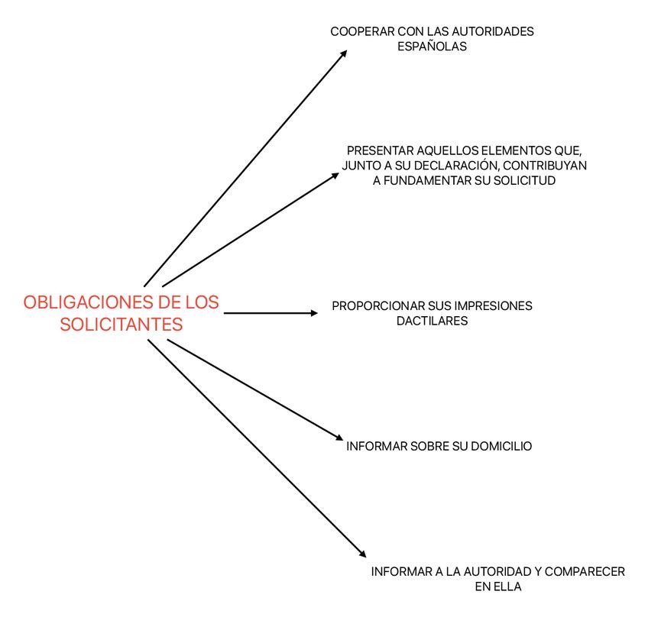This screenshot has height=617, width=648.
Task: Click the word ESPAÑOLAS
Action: pyautogui.click(x=432, y=47)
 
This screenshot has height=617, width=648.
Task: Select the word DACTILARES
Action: pyautogui.click(x=432, y=321)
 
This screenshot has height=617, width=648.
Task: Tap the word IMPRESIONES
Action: pyautogui.click(x=494, y=306)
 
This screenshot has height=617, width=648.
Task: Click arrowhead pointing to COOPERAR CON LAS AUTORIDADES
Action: pyautogui.click(x=344, y=53)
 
